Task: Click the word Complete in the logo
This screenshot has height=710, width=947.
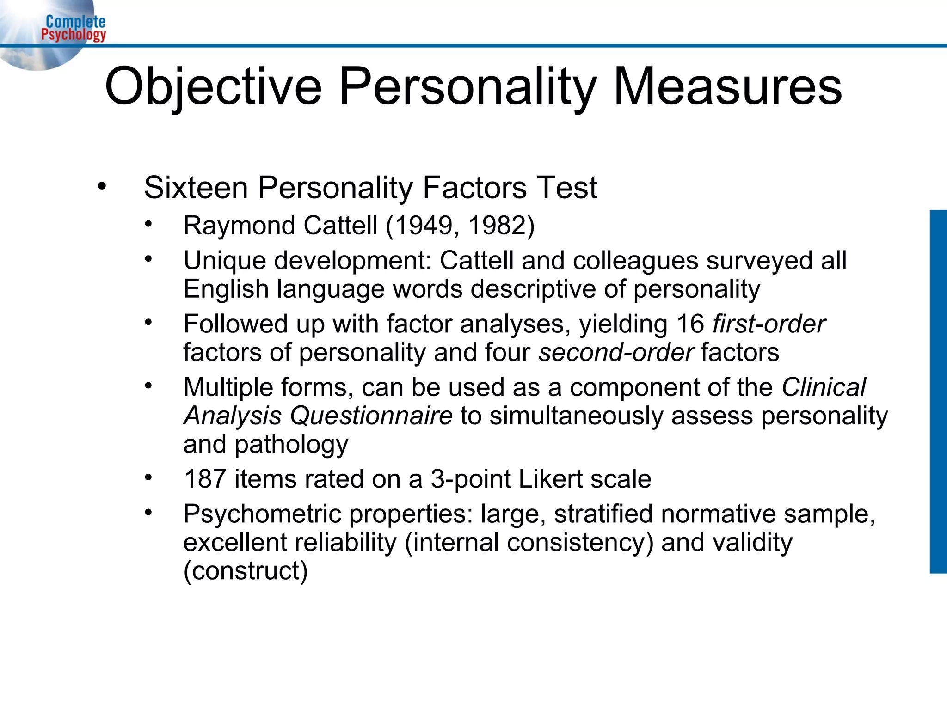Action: (x=75, y=21)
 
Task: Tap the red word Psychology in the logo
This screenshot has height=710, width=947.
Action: (x=74, y=34)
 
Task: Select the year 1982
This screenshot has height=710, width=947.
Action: (x=495, y=226)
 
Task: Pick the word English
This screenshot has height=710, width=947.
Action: (x=226, y=289)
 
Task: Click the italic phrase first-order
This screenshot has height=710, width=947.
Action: (x=769, y=324)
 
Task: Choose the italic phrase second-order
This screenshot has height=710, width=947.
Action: (x=616, y=353)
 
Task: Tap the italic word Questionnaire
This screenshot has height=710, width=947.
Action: (x=371, y=416)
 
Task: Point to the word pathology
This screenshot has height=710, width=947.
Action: (x=291, y=445)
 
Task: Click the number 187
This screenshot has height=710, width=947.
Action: (x=204, y=479)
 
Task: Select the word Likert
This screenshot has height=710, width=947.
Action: (x=550, y=479)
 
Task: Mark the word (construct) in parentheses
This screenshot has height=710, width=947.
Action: (x=246, y=571)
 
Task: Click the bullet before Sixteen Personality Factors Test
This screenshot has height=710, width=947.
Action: (x=102, y=187)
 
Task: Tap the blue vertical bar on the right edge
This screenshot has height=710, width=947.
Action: (x=938, y=392)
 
